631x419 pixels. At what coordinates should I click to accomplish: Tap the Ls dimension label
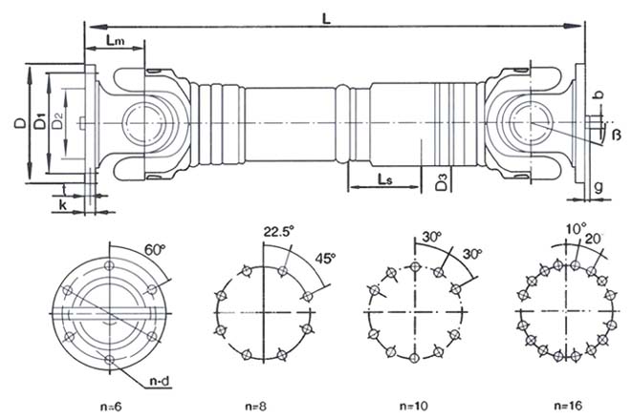tap(382, 178)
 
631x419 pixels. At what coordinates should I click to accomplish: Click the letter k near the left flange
tap(62, 205)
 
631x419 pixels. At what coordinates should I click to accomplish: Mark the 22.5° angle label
tap(275, 230)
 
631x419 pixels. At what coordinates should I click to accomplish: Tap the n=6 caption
tap(110, 406)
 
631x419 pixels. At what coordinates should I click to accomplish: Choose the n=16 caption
tap(568, 405)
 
